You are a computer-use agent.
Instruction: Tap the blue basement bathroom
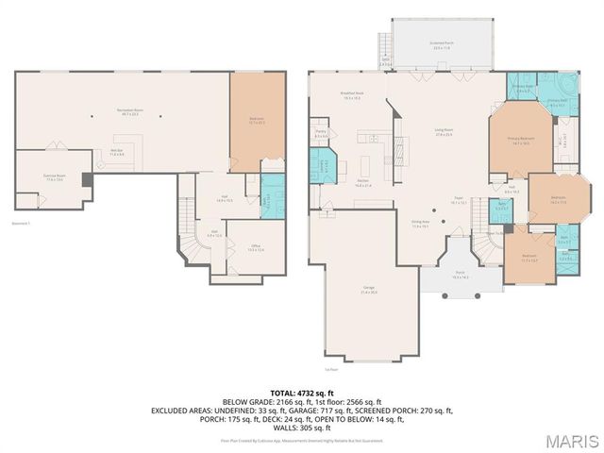pos(271,200)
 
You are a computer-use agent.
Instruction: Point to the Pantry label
pos(321,135)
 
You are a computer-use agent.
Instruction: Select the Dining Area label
pos(420,225)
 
